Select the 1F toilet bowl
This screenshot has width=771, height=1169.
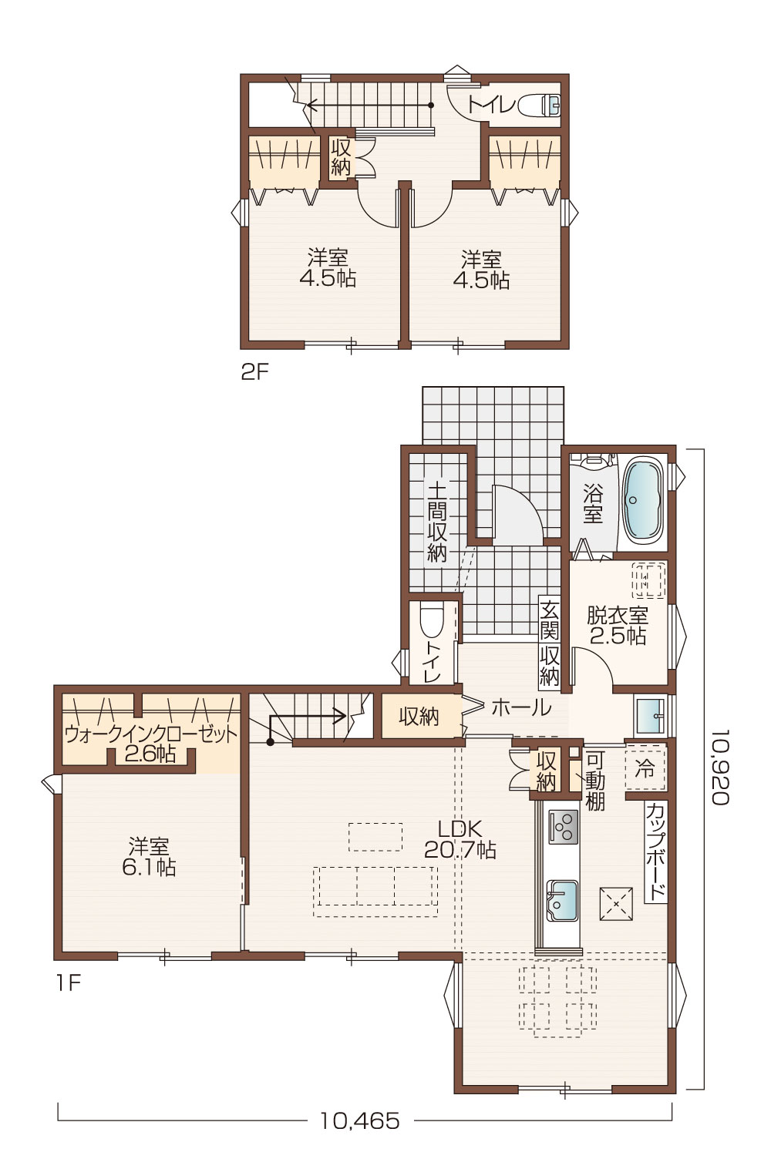coord(431,621)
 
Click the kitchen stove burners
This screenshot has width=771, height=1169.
coord(563,827)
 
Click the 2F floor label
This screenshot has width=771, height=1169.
coord(254,372)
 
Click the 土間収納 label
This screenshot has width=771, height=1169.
coord(437,522)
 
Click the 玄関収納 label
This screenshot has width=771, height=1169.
coord(549,643)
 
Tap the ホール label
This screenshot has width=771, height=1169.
coord(521,707)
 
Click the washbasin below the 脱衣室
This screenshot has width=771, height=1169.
coord(651,714)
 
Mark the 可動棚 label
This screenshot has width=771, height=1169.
coord(594,780)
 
